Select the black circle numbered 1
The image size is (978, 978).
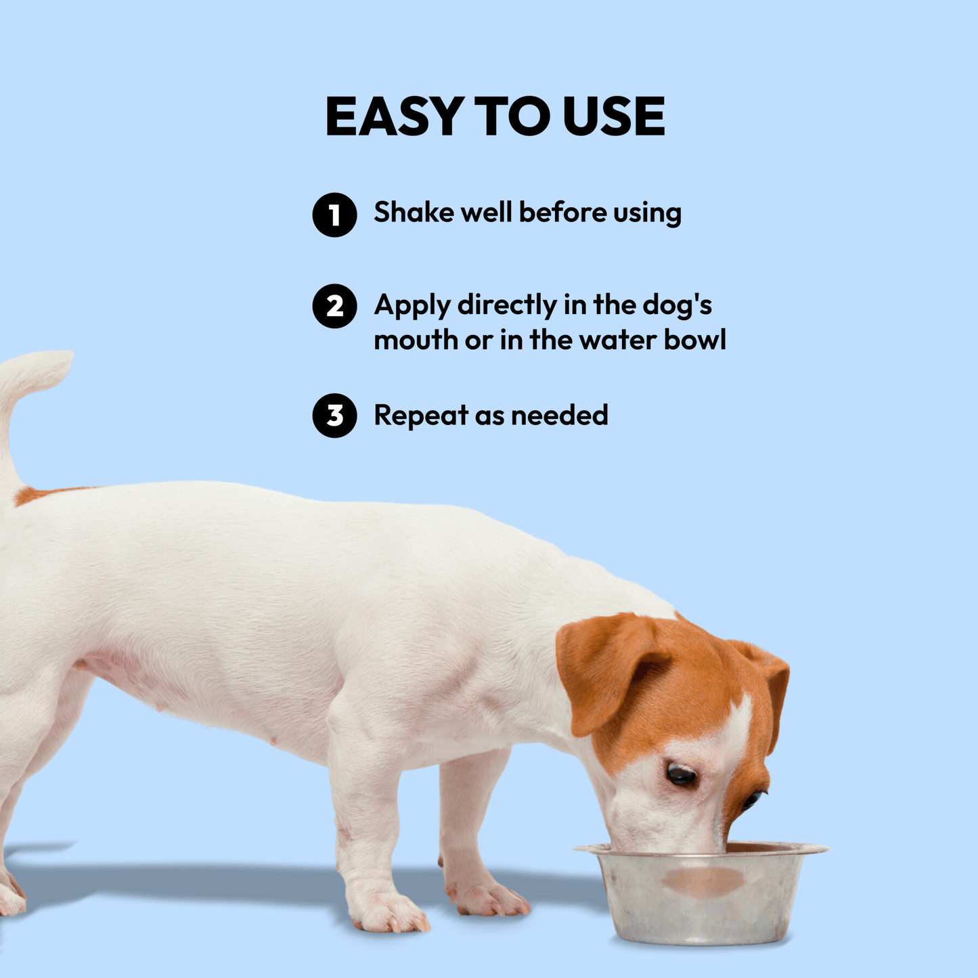[x=334, y=215]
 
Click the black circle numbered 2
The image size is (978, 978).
[x=334, y=306]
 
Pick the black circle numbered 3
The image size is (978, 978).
[x=334, y=416]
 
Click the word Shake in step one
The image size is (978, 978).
[x=414, y=212]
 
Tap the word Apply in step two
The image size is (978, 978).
[x=412, y=306]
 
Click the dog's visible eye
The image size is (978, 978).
[x=681, y=775]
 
